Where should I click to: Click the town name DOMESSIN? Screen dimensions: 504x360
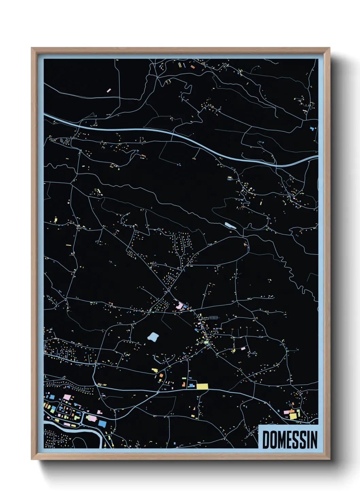point(290,440)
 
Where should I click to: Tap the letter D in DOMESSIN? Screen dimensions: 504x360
point(265,440)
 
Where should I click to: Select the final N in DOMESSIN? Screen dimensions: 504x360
point(314,440)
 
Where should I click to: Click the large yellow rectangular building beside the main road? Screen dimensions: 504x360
point(202,386)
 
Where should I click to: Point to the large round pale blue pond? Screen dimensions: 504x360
point(153,337)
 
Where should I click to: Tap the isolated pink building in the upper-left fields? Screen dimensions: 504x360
point(109,90)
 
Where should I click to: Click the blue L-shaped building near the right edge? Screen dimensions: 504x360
point(312,129)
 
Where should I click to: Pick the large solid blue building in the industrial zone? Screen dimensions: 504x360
point(102,423)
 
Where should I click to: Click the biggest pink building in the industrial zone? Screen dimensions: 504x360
point(67,397)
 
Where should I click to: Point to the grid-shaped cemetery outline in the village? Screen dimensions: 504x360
point(214,318)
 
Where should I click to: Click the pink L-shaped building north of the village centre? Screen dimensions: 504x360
point(179,305)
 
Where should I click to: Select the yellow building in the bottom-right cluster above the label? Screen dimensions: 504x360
point(293,416)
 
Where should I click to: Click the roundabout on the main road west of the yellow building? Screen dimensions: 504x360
point(158,392)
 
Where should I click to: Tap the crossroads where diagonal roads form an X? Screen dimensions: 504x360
point(168,290)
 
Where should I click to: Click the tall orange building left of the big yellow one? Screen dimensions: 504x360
point(161,376)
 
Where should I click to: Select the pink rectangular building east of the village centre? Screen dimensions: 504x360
point(243,348)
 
